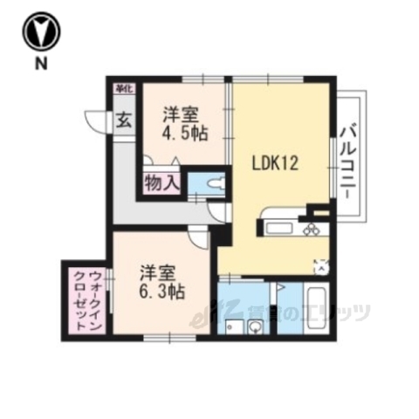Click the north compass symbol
tap(41, 31)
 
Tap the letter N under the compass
tap(41, 63)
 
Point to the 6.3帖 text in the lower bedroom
tap(162, 292)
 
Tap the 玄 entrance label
tap(124, 120)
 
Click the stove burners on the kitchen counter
tap(313, 230)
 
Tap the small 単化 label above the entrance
tap(121, 87)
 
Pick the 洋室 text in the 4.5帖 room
tap(181, 113)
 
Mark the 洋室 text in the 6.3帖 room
tap(158, 271)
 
